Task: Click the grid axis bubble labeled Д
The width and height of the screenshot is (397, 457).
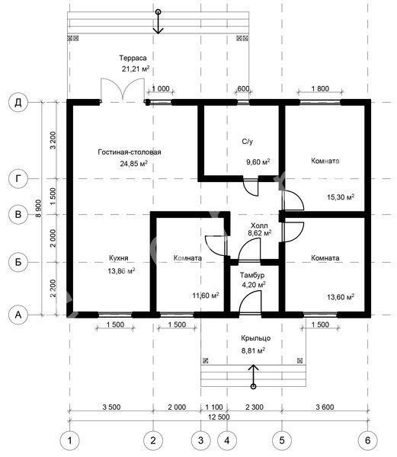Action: (x=18, y=102)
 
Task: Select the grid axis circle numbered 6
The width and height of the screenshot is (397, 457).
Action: (x=368, y=440)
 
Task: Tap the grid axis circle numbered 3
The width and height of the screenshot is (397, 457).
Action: (x=200, y=440)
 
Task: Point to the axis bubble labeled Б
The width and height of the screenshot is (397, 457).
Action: (x=18, y=262)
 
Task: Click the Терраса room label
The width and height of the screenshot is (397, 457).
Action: (x=133, y=58)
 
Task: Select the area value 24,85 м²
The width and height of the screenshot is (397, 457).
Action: (x=134, y=163)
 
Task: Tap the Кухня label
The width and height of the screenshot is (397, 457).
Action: (x=118, y=258)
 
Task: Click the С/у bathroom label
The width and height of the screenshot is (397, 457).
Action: (x=247, y=142)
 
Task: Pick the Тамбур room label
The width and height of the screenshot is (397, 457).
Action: (x=252, y=275)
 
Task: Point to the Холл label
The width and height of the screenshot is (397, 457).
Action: (x=259, y=225)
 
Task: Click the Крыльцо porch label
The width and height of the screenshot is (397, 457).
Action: (x=255, y=338)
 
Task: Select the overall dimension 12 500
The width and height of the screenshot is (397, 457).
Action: (x=219, y=417)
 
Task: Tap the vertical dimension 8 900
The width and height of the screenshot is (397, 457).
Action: (x=38, y=208)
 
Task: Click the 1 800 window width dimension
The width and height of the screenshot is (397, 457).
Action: (x=320, y=88)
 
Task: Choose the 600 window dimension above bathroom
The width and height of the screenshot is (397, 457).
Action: (x=243, y=88)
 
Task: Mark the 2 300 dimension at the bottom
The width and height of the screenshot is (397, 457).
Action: (x=255, y=407)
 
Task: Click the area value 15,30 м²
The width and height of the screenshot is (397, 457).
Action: (x=341, y=197)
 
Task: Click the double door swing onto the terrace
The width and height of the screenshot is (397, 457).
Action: (x=123, y=89)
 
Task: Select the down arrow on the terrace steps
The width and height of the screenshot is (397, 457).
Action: (x=158, y=23)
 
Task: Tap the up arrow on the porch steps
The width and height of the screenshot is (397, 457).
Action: (x=253, y=376)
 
